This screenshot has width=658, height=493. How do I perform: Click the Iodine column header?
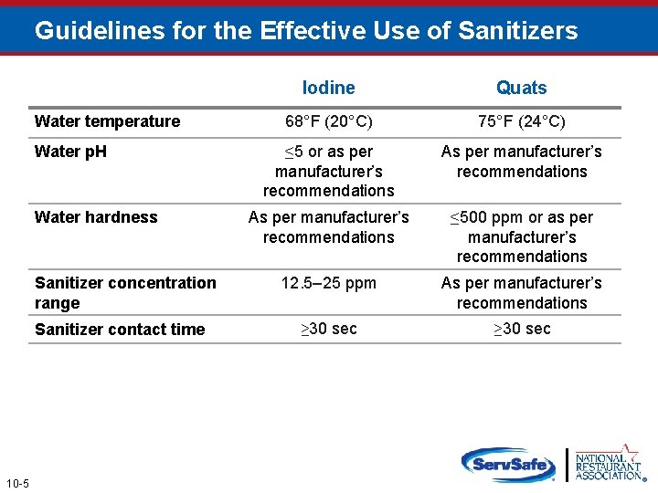point(328,88)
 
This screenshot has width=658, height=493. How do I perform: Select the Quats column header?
point(521,88)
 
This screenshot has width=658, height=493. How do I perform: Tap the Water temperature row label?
point(107,121)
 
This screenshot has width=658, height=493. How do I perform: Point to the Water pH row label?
point(70,152)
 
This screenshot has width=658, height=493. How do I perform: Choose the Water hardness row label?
point(96,217)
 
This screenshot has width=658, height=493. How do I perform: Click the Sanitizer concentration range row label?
point(125,292)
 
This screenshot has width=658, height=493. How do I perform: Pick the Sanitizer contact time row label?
point(120,330)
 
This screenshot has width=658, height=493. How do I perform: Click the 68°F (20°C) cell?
point(328,121)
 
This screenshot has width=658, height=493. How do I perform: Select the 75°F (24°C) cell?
point(521,121)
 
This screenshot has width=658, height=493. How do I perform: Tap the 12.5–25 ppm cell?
point(328,283)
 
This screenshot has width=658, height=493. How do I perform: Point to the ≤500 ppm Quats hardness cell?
point(521,236)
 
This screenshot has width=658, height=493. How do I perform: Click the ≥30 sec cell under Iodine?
point(328,329)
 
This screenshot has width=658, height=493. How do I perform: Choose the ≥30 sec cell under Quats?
point(521,329)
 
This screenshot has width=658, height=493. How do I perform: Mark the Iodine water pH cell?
point(328,171)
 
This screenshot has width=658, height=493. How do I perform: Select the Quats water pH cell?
point(521,162)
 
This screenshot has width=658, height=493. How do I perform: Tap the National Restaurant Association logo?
point(608,463)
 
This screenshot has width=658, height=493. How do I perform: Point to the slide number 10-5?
point(16,482)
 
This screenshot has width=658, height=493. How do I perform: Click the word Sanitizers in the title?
point(518,31)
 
